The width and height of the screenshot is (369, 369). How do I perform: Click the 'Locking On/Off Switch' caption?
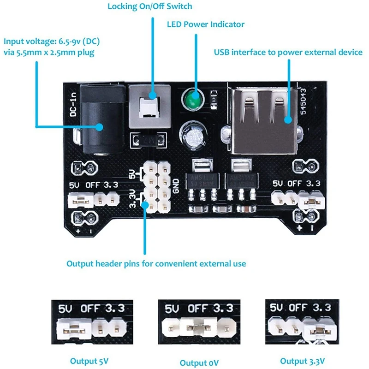[x=150, y=6]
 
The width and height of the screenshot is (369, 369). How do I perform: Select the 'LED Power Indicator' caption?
[x=206, y=24]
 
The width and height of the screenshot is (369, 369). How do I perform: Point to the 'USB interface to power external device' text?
[x=288, y=52]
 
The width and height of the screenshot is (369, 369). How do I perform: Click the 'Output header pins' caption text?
[x=156, y=264]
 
